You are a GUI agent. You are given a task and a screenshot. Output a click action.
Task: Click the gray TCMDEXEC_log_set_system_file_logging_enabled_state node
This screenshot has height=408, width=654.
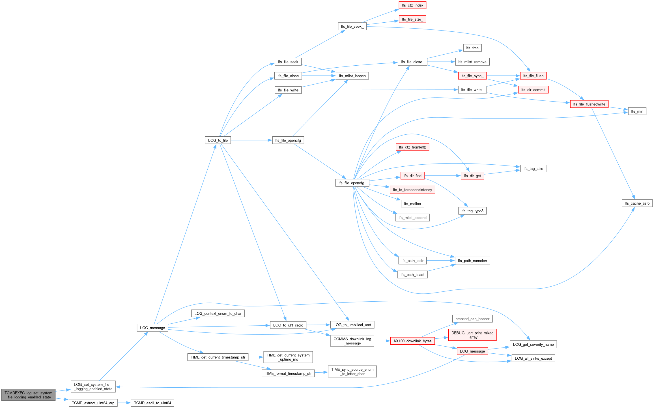point(28,395)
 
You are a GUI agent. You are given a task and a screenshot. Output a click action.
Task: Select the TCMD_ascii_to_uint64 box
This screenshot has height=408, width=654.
point(152,403)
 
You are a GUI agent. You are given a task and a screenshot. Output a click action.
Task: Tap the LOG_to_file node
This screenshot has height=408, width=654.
point(218,140)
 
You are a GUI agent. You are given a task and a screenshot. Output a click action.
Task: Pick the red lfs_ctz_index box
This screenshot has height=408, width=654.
point(412,5)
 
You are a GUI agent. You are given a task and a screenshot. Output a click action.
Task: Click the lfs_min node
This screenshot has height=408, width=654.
point(637,111)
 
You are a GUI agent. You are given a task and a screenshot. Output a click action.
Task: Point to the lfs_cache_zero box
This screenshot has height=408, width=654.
point(637,203)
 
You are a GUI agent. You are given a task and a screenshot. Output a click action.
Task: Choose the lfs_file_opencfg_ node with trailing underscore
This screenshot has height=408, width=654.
point(352,183)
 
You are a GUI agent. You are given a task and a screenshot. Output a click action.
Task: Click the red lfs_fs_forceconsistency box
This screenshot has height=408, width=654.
point(412,190)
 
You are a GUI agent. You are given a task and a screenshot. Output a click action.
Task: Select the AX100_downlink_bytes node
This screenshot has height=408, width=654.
point(412,341)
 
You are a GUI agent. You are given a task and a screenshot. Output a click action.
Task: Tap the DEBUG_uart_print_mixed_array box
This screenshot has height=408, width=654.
point(472,335)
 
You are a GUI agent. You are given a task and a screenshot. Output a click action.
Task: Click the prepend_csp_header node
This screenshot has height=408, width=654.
point(472,319)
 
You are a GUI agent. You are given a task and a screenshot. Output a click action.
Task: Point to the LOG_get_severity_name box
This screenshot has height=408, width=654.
point(533,344)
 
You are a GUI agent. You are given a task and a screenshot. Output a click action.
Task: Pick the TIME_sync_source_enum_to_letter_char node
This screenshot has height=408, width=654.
point(352,372)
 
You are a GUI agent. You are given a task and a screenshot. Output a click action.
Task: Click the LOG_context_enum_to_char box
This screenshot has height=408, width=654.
point(218,313)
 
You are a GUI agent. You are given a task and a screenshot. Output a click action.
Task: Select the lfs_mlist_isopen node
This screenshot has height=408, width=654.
point(352,76)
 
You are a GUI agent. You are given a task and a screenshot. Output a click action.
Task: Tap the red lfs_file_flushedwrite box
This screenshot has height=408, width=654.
point(589,104)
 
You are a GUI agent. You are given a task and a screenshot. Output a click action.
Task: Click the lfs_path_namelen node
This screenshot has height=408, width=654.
point(472,261)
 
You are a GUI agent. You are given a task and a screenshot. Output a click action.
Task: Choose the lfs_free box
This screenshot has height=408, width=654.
point(472,48)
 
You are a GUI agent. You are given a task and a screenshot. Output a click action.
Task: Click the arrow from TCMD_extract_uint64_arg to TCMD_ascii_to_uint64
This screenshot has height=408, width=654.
point(124,403)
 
